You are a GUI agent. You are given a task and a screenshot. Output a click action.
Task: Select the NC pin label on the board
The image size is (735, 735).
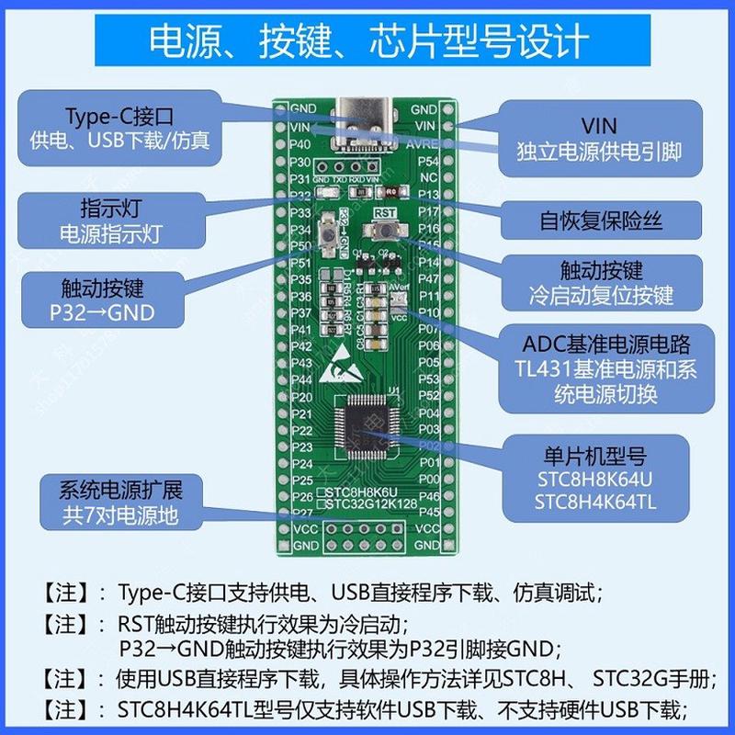(x=428, y=177)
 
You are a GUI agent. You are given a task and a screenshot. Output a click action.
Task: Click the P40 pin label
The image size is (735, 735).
(x=300, y=145)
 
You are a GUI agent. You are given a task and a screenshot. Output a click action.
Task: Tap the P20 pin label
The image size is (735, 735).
(x=300, y=397)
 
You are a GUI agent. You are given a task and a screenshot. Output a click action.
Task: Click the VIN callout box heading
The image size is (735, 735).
(x=599, y=125)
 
